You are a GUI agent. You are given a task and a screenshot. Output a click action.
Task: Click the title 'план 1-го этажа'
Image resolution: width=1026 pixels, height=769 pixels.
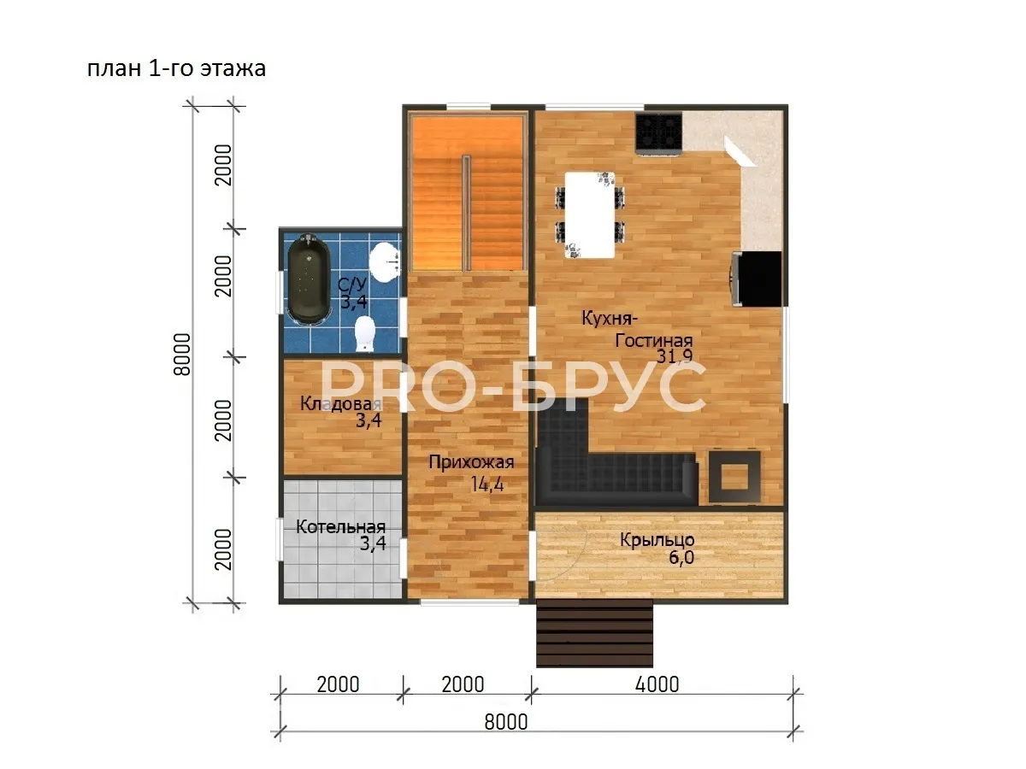176,68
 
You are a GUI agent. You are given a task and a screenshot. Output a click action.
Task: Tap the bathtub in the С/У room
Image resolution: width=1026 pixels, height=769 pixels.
308,279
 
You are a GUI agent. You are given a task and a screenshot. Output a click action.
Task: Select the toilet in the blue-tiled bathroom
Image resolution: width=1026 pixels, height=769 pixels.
364,333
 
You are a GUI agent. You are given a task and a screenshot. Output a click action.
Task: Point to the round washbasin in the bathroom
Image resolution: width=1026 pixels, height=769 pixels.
384,262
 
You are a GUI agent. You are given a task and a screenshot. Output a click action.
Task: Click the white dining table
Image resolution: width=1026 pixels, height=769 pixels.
589,214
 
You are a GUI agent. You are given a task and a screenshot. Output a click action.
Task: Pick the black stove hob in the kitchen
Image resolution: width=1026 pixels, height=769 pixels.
658,133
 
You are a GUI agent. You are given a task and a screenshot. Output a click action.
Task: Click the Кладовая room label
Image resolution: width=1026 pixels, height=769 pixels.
341,403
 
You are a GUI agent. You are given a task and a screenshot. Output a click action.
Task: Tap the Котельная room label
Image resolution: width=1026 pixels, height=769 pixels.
341,527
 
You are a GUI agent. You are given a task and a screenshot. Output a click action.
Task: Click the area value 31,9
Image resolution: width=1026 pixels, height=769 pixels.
675,356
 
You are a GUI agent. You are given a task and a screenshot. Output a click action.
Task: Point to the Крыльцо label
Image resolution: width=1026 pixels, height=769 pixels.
657,540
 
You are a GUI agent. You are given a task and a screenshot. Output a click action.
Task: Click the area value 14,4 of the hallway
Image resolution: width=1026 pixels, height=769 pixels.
487,484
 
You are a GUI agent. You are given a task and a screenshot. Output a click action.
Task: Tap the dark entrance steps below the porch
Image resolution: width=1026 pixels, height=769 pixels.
594,633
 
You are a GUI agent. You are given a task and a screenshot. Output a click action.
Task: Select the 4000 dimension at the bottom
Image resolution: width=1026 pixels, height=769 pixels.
657,685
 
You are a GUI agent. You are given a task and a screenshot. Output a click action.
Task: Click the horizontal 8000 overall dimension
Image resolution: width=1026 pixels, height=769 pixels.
506,722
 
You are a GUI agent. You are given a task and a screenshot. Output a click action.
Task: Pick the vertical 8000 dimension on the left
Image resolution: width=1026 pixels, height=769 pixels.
182,355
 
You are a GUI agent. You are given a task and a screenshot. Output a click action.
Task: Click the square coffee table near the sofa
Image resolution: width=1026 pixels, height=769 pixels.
734,477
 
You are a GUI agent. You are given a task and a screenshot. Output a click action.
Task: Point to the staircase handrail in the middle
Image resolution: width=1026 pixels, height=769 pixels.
466,213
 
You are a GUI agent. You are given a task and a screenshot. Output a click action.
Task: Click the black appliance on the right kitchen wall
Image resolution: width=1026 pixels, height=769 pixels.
758,279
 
